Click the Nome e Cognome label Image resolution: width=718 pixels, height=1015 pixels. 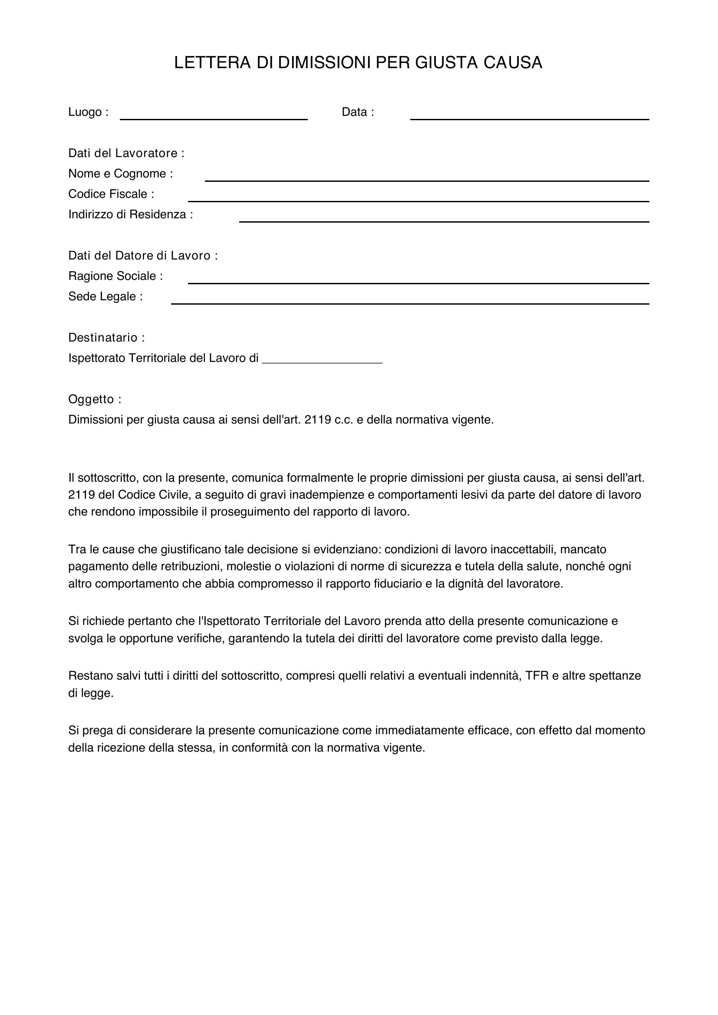coord(120,174)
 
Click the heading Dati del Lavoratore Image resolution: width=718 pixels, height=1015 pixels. coord(126,153)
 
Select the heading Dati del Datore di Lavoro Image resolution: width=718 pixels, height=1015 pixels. coord(143,256)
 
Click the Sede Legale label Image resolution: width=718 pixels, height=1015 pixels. coord(105,297)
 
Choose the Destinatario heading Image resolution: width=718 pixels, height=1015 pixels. coord(106,338)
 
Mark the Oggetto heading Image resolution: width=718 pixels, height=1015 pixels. coord(95,400)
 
